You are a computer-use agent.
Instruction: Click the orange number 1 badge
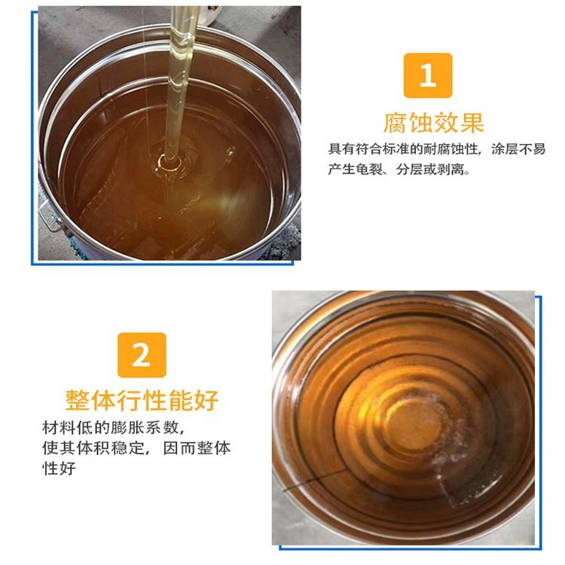pos(428,75)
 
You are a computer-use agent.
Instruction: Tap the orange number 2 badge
pos(142,355)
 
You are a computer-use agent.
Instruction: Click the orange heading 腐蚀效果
pos(433,124)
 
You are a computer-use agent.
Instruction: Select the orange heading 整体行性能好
pos(142,400)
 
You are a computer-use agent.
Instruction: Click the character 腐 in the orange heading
pos(395,124)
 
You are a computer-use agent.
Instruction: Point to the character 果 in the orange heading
pos(472,124)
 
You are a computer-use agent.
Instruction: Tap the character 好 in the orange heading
pos(206,400)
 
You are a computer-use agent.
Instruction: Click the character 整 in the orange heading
pos(78,400)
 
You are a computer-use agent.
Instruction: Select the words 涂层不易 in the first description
pos(518,149)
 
